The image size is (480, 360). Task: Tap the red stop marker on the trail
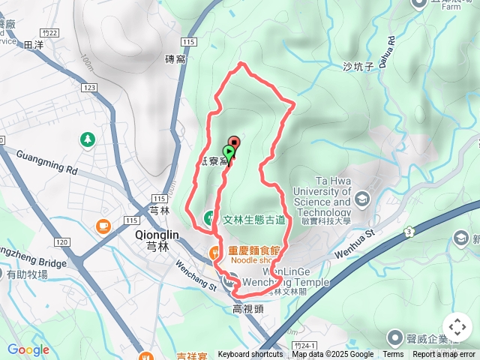point(235,142)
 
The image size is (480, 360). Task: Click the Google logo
point(28,350)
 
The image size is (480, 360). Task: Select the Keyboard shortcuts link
point(250,355)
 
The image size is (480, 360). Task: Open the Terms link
point(393,355)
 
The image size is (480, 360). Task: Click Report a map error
point(445,355)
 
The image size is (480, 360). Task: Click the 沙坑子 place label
point(358,67)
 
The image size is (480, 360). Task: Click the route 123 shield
point(89,88)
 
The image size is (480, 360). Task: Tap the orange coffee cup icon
point(103,226)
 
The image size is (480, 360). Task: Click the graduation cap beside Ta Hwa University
point(363,199)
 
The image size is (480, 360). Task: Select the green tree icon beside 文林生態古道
point(210,219)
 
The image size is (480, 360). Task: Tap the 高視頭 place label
point(247,308)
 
